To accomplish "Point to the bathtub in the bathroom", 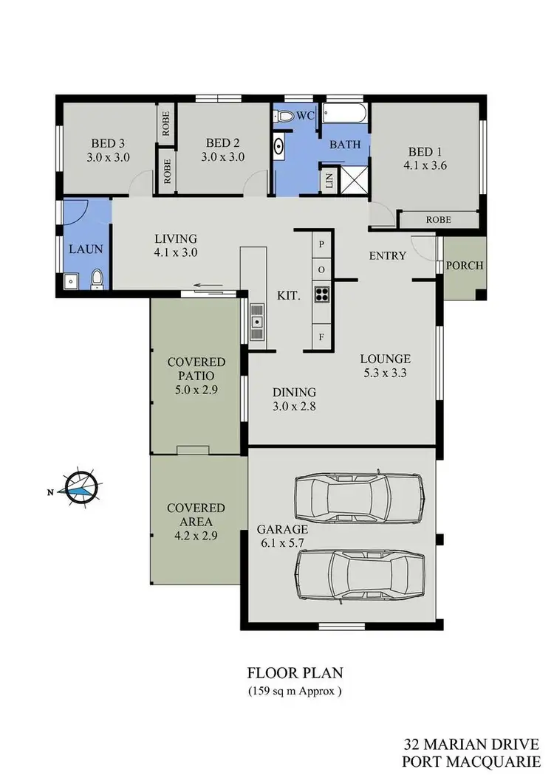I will click(345, 115).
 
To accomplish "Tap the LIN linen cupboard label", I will click(329, 180).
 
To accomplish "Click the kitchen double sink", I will click(257, 322).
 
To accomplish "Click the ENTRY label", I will click(388, 256).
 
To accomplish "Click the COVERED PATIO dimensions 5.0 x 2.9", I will click(196, 390).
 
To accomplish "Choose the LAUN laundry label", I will click(86, 249).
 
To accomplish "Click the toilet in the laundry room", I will click(97, 279).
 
